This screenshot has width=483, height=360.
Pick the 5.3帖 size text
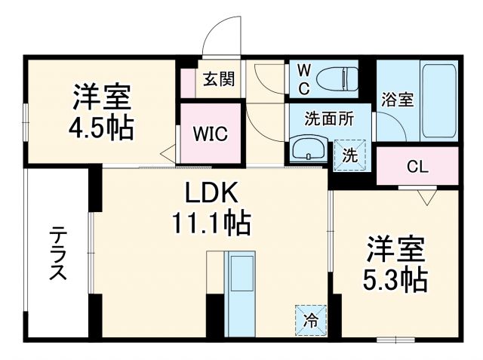[395, 277]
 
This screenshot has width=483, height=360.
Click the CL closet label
[417, 166]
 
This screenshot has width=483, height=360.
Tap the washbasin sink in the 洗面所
[307, 148]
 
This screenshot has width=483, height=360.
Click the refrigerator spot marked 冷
[311, 319]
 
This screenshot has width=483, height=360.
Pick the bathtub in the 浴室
[438, 100]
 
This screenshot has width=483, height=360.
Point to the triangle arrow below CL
[426, 198]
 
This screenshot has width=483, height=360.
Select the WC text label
[303, 77]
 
